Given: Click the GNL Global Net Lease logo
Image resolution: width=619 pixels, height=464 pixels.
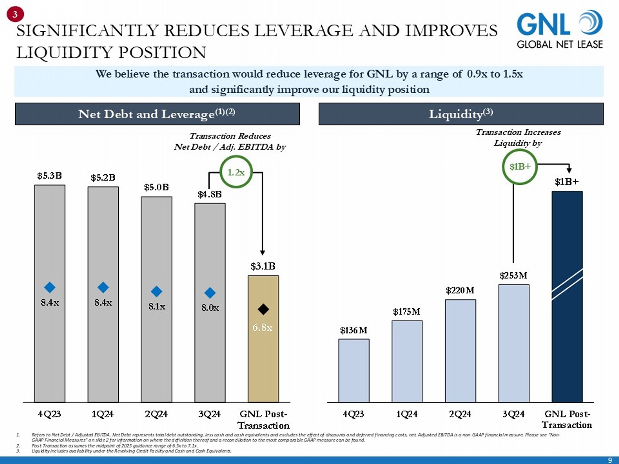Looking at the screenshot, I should (x=560, y=30).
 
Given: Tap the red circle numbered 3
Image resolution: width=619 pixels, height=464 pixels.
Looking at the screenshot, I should (x=15, y=14).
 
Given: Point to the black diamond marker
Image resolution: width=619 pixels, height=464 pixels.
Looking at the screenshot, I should (x=263, y=309).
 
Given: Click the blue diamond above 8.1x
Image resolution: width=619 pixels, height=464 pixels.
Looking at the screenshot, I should (x=156, y=292).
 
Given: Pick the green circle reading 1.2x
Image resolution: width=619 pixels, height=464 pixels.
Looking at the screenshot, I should (x=236, y=172).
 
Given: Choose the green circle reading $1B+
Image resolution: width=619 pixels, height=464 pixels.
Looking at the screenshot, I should (x=520, y=167).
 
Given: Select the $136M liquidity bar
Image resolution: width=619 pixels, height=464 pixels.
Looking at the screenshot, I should (x=354, y=370).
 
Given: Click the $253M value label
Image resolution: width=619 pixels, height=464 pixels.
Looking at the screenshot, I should (x=513, y=276).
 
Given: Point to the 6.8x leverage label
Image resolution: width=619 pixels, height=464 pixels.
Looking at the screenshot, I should (x=262, y=327).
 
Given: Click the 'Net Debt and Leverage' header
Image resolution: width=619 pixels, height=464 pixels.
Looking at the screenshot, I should (x=157, y=114).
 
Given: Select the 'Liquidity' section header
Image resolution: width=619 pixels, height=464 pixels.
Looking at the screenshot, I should (x=461, y=114).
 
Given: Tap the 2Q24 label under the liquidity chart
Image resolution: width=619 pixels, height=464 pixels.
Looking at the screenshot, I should (x=460, y=414).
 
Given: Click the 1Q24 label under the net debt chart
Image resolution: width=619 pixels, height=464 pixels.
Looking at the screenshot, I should (x=102, y=414).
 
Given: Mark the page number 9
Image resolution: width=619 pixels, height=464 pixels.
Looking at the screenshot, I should (x=610, y=460).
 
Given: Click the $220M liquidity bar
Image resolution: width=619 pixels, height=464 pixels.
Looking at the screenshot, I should (x=460, y=351).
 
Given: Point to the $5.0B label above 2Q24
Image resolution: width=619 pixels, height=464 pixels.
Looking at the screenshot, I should (x=156, y=187).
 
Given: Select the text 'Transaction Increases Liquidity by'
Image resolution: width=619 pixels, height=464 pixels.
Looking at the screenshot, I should (x=518, y=137).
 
